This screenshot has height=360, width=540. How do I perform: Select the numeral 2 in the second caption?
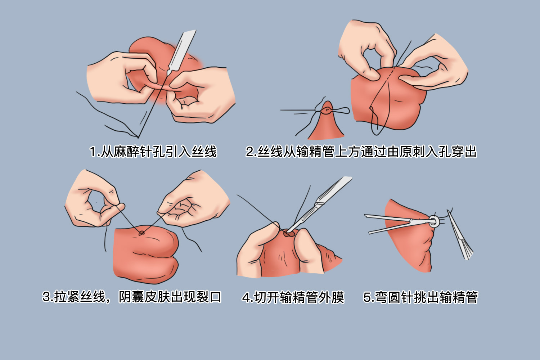pyautogui.click(x=249, y=152)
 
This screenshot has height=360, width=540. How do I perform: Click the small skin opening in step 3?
pyautogui.click(x=141, y=233)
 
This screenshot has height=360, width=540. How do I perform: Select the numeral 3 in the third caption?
pyautogui.click(x=46, y=297)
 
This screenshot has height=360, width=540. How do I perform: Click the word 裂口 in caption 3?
pyautogui.click(x=209, y=297)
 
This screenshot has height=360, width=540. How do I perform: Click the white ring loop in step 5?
pyautogui.click(x=434, y=221)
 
